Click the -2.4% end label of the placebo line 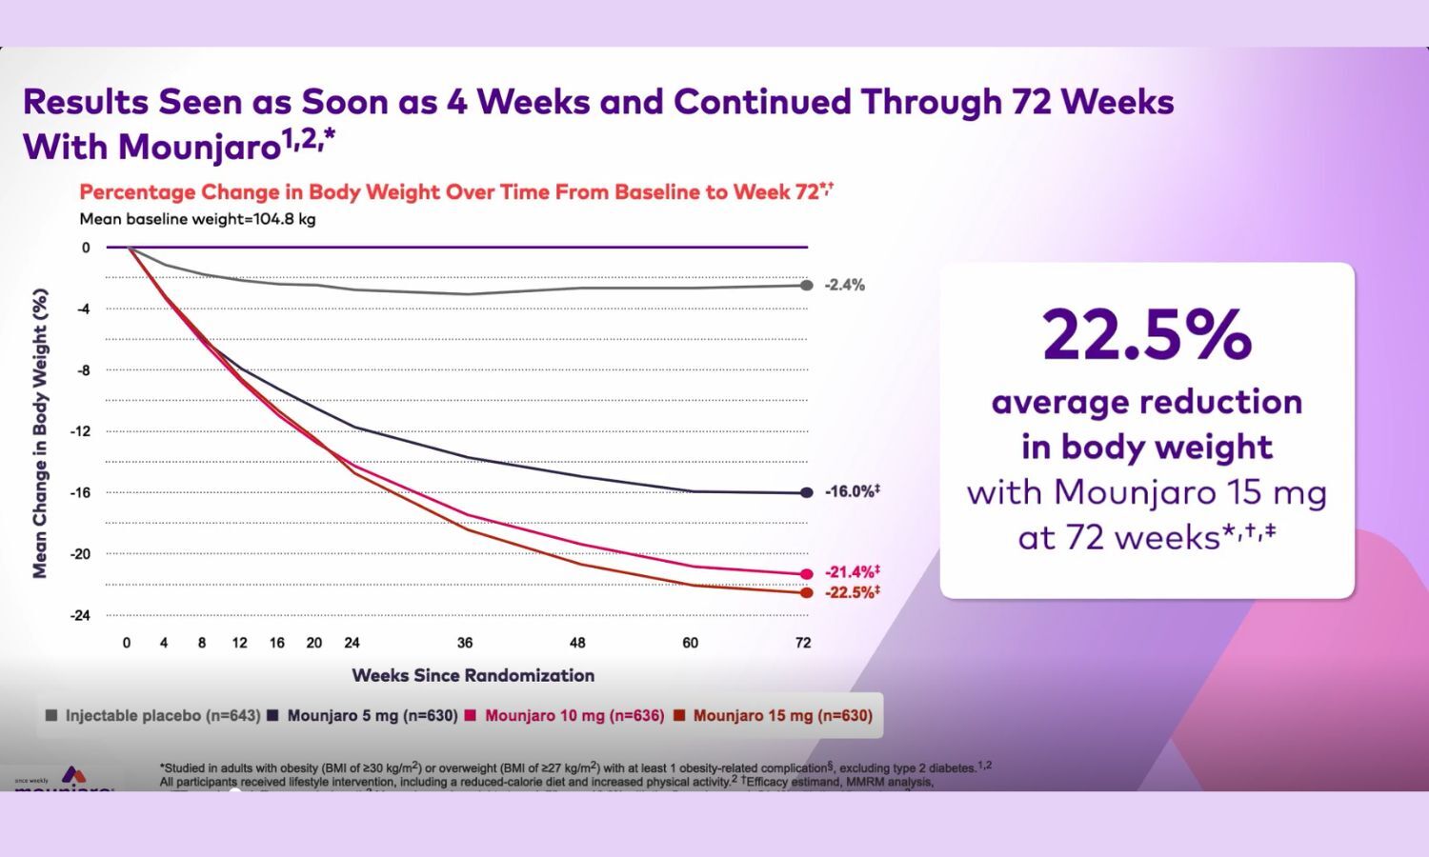[x=844, y=285]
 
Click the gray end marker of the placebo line [x=807, y=285]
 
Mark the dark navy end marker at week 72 [x=807, y=492]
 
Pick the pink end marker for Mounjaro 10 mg [x=807, y=573]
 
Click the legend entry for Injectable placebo [x=152, y=715]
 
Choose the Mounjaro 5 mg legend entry [x=363, y=715]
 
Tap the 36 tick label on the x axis [x=465, y=643]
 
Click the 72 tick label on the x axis [x=803, y=643]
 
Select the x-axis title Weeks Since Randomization [x=473, y=675]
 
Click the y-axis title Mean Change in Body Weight [x=40, y=433]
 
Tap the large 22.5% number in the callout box [x=1147, y=334]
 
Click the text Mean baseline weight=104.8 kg [x=197, y=219]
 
